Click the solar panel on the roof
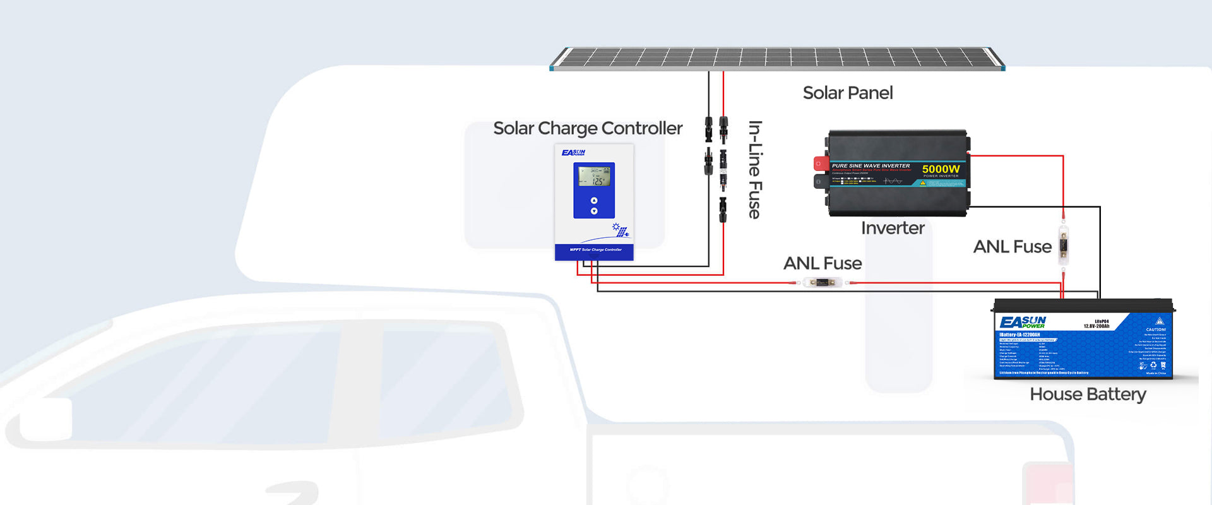pyautogui.click(x=777, y=58)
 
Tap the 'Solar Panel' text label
pyautogui.click(x=848, y=93)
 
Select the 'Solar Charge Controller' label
pyautogui.click(x=587, y=128)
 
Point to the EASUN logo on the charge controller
pyautogui.click(x=573, y=153)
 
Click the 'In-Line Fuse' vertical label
pyautogui.click(x=755, y=169)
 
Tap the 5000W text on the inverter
pyautogui.click(x=941, y=169)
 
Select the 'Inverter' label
pyautogui.click(x=893, y=228)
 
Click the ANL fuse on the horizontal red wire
pyautogui.click(x=821, y=282)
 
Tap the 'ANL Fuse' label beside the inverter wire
pyautogui.click(x=1012, y=247)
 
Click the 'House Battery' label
pyautogui.click(x=1088, y=395)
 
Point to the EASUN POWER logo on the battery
pyautogui.click(x=1023, y=322)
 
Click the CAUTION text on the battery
pyautogui.click(x=1156, y=330)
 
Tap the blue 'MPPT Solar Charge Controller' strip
pyautogui.click(x=595, y=251)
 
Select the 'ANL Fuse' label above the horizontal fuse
pyautogui.click(x=823, y=263)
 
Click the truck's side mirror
pyautogui.click(x=45, y=419)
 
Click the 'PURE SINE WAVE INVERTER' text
pyautogui.click(x=870, y=166)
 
